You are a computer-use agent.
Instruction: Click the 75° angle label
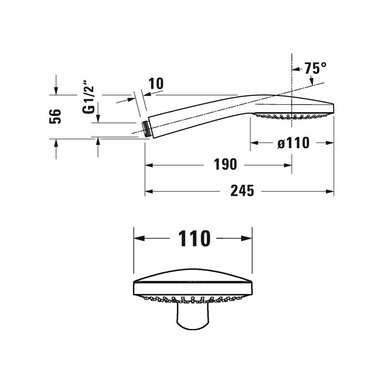point(315,68)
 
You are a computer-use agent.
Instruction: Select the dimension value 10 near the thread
point(156,84)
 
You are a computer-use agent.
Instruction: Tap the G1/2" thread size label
point(88,97)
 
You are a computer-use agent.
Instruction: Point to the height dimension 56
point(55,116)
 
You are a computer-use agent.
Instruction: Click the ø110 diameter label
point(293,143)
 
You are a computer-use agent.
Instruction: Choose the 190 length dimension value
point(225,164)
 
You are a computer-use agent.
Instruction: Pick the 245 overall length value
point(242,191)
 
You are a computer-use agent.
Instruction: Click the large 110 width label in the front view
point(194,238)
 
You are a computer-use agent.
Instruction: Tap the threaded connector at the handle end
point(147,128)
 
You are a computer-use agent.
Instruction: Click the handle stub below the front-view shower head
point(193,316)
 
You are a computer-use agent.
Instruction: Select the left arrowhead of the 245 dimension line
point(149,191)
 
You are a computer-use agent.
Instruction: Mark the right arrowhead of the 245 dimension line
point(330,191)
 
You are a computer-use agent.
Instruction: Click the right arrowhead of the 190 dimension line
point(288,165)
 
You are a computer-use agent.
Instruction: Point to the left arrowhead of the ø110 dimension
point(254,143)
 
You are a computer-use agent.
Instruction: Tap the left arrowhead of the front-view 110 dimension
point(139,238)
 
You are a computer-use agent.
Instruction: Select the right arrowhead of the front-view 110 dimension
point(247,238)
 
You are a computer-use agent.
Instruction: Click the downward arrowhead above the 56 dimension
point(56,91)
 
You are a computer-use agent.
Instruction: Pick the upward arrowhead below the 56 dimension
point(56,143)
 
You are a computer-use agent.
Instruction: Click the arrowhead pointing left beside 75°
point(296,69)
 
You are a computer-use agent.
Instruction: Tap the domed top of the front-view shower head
point(193,274)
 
